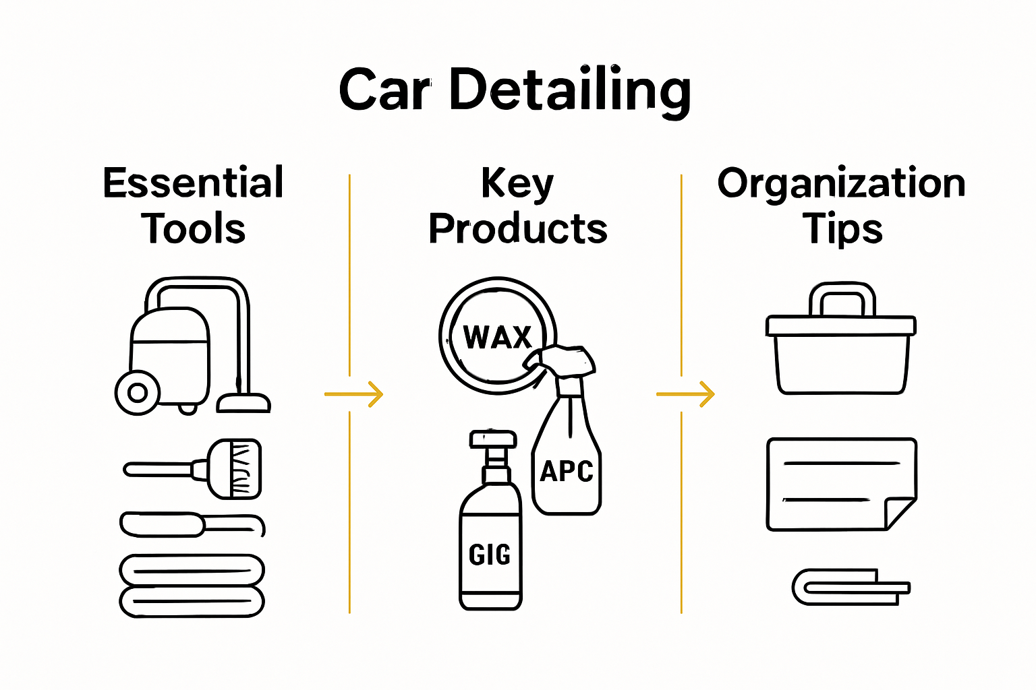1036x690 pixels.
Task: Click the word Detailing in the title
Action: [570, 90]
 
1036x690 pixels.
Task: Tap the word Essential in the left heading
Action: [194, 183]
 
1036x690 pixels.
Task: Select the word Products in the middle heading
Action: [518, 228]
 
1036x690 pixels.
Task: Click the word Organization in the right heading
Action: [841, 183]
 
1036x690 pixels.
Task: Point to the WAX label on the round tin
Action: [498, 337]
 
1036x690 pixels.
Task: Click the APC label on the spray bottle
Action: [567, 472]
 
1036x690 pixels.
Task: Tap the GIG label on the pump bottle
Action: [490, 555]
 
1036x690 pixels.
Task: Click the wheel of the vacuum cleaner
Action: [138, 392]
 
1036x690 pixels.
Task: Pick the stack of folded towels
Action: [192, 586]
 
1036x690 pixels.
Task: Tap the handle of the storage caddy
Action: [842, 299]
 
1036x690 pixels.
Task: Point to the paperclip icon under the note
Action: [850, 587]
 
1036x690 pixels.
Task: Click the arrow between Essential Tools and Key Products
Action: [354, 394]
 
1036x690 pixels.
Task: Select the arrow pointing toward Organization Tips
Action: [685, 394]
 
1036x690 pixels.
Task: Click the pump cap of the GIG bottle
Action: [493, 440]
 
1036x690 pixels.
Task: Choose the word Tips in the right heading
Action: [842, 228]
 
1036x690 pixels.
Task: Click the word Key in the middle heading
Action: [517, 183]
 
